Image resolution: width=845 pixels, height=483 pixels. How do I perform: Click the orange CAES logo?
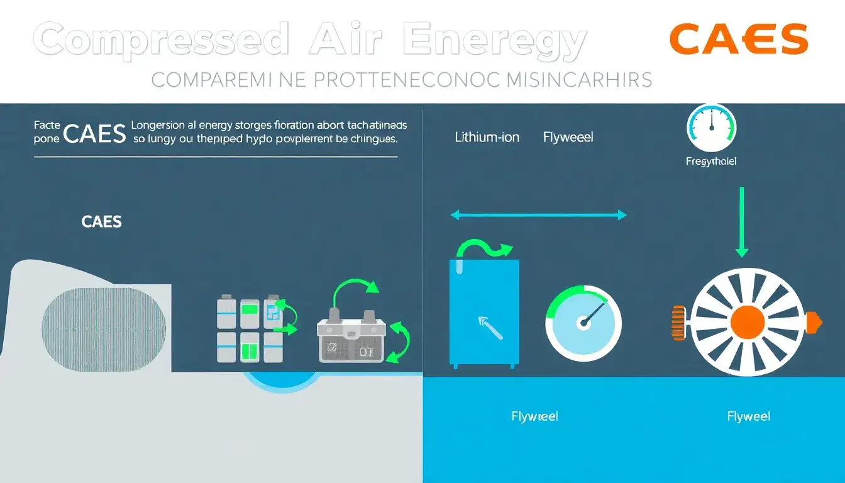click(739, 39)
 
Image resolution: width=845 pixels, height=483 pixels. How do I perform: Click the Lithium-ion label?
click(487, 137)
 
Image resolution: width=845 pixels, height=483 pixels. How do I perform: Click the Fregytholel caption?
click(711, 162)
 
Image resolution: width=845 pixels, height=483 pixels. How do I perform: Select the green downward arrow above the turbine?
click(742, 221)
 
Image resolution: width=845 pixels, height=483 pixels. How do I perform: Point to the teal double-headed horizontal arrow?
click(539, 215)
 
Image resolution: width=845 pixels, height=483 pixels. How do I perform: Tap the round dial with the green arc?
click(583, 323)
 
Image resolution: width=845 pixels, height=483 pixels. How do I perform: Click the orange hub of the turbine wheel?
click(748, 322)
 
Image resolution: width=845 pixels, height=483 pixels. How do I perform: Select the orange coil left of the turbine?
click(678, 323)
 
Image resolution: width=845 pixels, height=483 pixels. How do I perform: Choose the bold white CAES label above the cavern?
click(101, 222)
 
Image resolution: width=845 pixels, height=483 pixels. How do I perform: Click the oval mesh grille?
click(104, 328)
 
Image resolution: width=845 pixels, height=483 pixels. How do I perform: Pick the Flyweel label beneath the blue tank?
click(534, 416)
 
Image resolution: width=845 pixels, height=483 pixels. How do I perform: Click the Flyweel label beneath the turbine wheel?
click(748, 416)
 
